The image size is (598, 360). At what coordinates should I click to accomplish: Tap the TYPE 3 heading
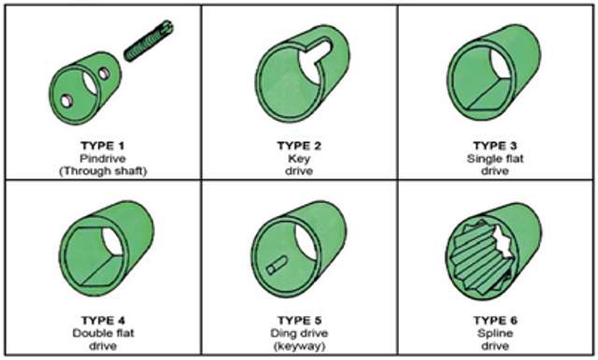click(496, 146)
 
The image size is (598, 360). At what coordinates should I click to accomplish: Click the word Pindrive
click(103, 158)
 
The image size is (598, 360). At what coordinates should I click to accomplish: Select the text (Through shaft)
click(103, 170)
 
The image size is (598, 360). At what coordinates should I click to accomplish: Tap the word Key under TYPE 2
click(300, 158)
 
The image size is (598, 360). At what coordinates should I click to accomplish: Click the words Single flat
click(496, 158)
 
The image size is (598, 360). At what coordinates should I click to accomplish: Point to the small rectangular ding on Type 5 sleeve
click(274, 266)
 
